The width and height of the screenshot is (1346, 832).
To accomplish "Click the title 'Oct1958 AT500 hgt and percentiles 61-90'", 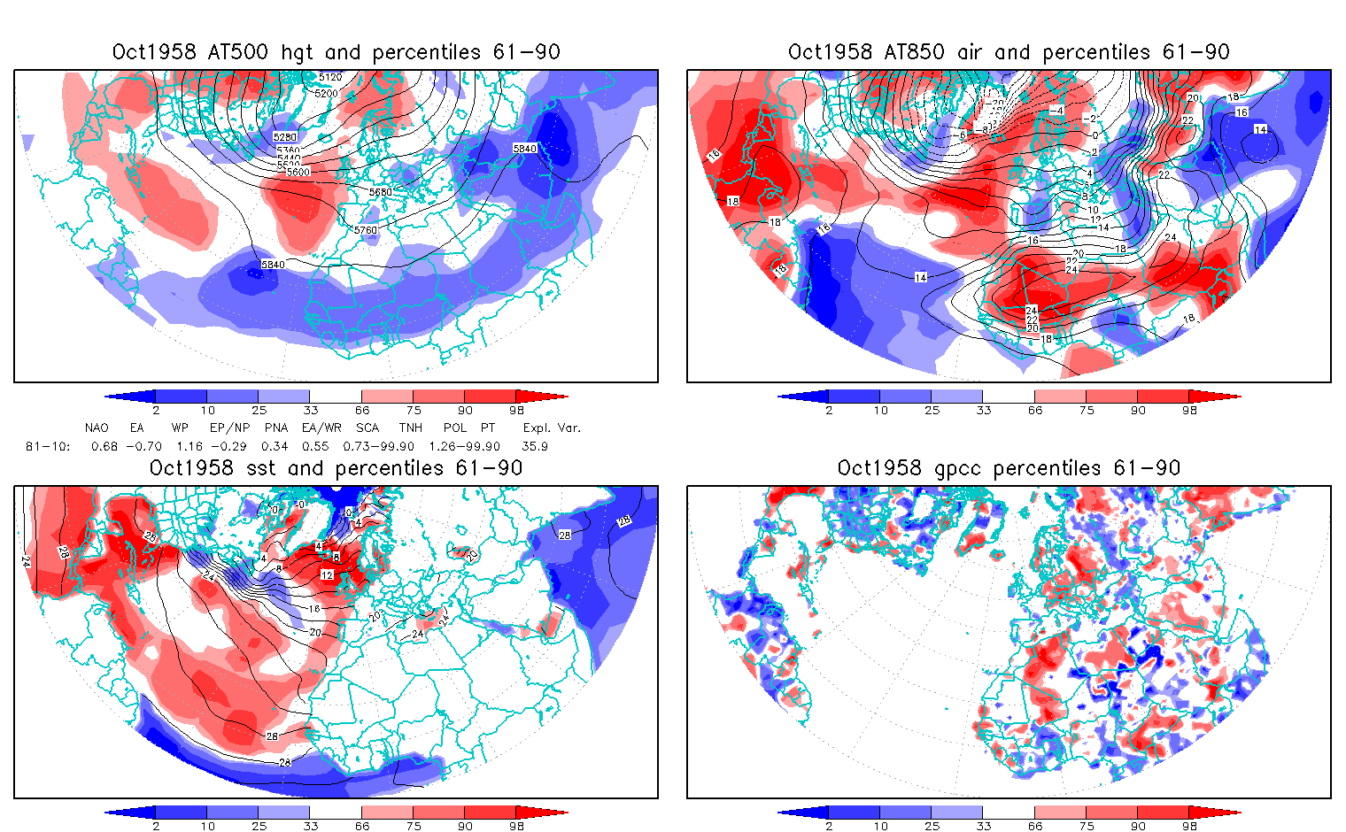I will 336,52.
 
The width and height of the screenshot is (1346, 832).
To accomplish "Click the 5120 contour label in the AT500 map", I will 329,78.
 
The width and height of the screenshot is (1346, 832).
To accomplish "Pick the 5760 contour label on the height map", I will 365,230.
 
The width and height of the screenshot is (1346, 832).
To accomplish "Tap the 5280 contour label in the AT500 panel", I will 285,137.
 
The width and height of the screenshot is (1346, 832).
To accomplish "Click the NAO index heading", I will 97,428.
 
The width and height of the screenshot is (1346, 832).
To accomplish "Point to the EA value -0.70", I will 142,446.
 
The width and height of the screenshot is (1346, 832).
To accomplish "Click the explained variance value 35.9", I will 535,446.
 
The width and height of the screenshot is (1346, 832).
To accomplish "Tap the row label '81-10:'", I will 48,446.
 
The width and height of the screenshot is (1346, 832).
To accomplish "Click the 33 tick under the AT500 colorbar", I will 310,411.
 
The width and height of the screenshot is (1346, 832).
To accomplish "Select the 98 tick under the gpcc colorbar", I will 1189,827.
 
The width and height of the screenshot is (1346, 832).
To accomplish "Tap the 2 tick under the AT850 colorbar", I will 829,411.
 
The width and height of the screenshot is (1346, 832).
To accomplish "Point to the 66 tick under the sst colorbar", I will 362,827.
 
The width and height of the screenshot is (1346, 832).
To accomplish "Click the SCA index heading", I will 367,428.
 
